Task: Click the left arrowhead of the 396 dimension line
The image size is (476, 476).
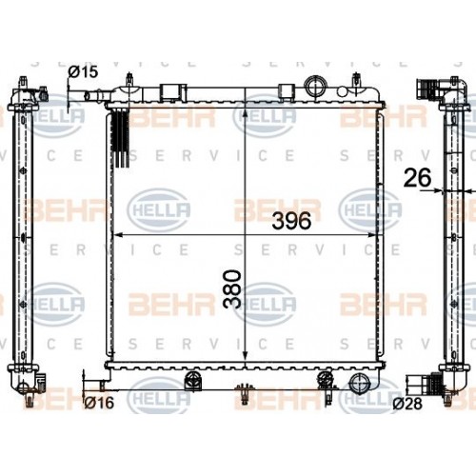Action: [117, 233]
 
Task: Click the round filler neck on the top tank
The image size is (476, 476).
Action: [315, 84]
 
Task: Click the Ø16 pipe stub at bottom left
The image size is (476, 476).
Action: [92, 384]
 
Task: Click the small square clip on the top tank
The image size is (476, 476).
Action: [171, 91]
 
